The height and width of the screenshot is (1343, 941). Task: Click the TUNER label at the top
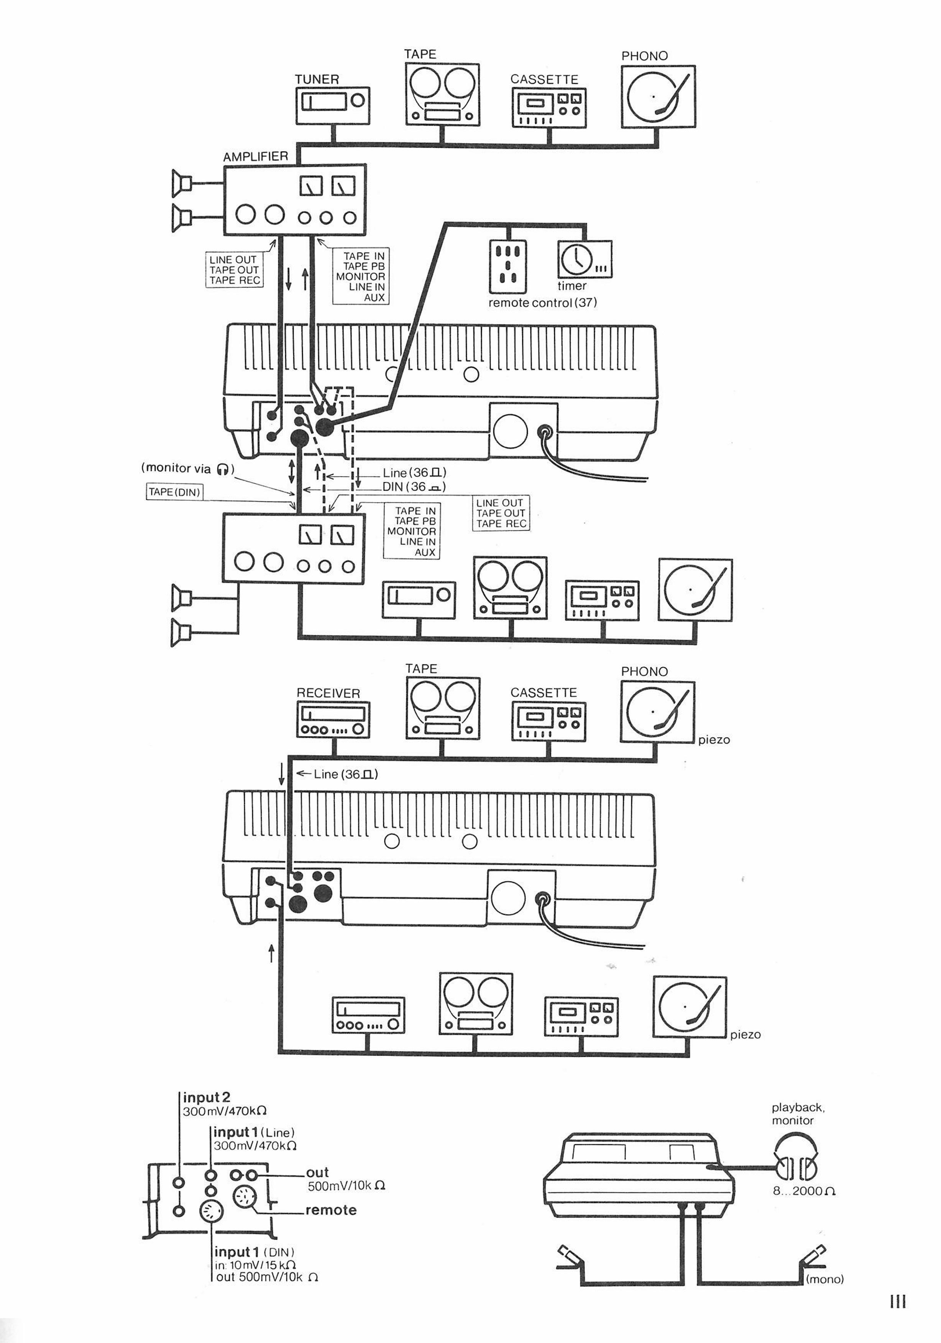tap(316, 79)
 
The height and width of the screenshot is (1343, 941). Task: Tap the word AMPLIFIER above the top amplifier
tap(255, 156)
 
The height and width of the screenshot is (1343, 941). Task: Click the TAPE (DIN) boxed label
tap(174, 492)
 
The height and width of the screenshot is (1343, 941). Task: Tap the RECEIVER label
tap(328, 693)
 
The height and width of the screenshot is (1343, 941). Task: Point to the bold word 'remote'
tap(331, 1209)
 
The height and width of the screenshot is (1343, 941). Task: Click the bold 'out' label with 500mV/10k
tap(317, 1172)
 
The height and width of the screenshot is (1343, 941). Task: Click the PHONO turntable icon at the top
tap(658, 97)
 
